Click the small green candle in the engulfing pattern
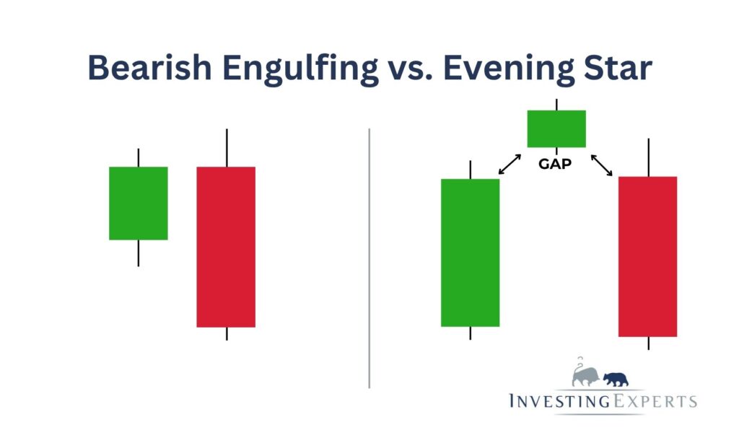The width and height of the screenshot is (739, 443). (x=139, y=203)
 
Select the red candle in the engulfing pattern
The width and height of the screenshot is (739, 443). (x=226, y=247)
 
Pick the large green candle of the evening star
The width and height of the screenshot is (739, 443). (x=470, y=253)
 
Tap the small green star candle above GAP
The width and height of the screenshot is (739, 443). (x=556, y=128)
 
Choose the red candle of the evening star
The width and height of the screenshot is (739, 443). (x=648, y=256)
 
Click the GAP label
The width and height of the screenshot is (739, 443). (x=555, y=164)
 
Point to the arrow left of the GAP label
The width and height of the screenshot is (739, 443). (x=510, y=164)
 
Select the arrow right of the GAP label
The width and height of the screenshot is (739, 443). (x=601, y=165)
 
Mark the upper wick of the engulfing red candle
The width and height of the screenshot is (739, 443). (x=227, y=148)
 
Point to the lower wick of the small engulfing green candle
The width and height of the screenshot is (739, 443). (x=139, y=253)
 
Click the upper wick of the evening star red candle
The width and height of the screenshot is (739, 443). (x=649, y=157)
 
